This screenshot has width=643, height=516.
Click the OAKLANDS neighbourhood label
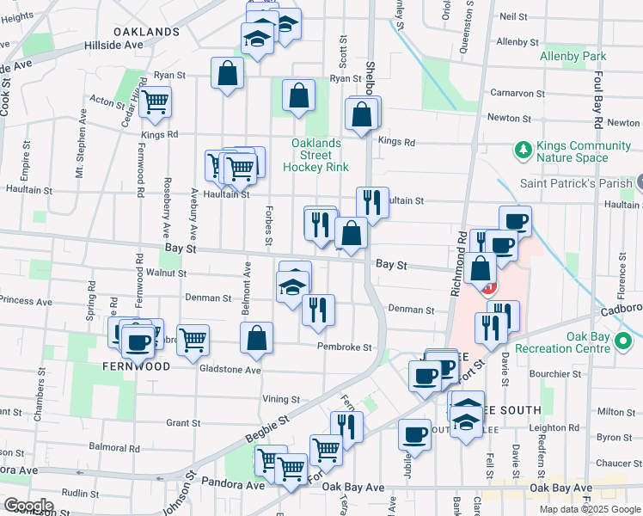145,31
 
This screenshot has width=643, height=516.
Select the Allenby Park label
573,56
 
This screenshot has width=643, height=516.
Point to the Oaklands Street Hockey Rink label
316,154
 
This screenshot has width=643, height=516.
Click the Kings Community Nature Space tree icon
522,151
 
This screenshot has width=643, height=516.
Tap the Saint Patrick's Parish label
576,183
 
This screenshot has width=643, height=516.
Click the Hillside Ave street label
113,45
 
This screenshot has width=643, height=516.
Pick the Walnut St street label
166,273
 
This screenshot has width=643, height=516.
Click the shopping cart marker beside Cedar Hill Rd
156,101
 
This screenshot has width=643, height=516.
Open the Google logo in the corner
28,506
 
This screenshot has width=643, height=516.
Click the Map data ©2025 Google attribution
590,509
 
